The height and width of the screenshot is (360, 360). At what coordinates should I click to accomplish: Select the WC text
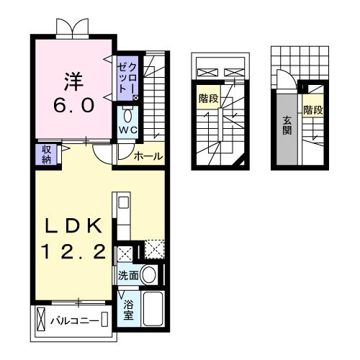pyautogui.click(x=127, y=130)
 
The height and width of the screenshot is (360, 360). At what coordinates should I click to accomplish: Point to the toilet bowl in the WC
pyautogui.click(x=127, y=116)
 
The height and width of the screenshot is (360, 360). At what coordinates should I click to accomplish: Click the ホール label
pyautogui.click(x=148, y=156)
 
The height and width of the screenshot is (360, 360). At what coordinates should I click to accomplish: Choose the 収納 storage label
pyautogui.click(x=45, y=153)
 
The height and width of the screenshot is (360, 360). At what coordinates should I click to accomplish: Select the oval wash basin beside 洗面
pyautogui.click(x=150, y=274)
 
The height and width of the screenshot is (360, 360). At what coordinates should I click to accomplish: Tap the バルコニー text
pyautogui.click(x=75, y=319)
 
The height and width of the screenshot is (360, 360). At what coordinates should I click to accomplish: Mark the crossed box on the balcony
pyautogui.click(x=40, y=318)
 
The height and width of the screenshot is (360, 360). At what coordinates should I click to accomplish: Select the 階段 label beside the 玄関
pyautogui.click(x=312, y=110)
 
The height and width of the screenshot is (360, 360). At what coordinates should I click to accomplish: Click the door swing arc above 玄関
pyautogui.click(x=284, y=81)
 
